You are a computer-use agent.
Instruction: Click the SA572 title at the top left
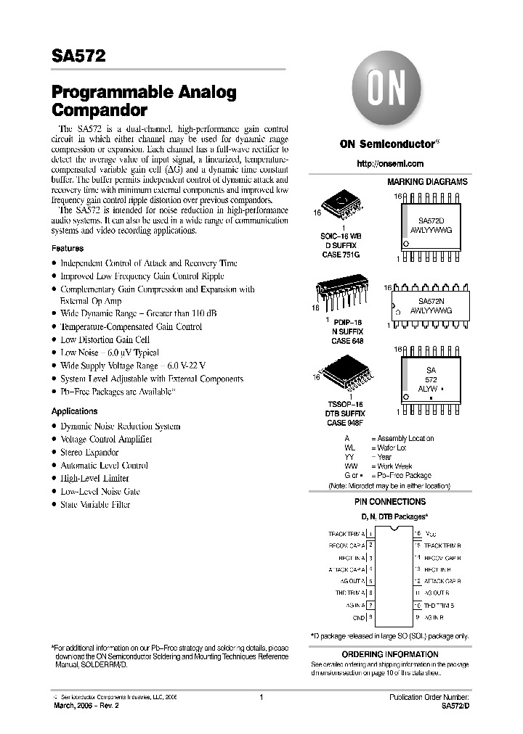(x=78, y=57)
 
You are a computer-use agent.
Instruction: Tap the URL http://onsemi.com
(x=390, y=164)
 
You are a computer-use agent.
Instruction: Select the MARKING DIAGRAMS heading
(x=427, y=182)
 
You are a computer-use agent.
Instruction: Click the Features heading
(x=68, y=248)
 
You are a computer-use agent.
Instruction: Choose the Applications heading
(x=74, y=411)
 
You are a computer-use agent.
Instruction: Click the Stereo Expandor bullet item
(x=89, y=453)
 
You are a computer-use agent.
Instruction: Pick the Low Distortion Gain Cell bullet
(x=105, y=339)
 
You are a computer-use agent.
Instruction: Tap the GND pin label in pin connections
(x=359, y=618)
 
